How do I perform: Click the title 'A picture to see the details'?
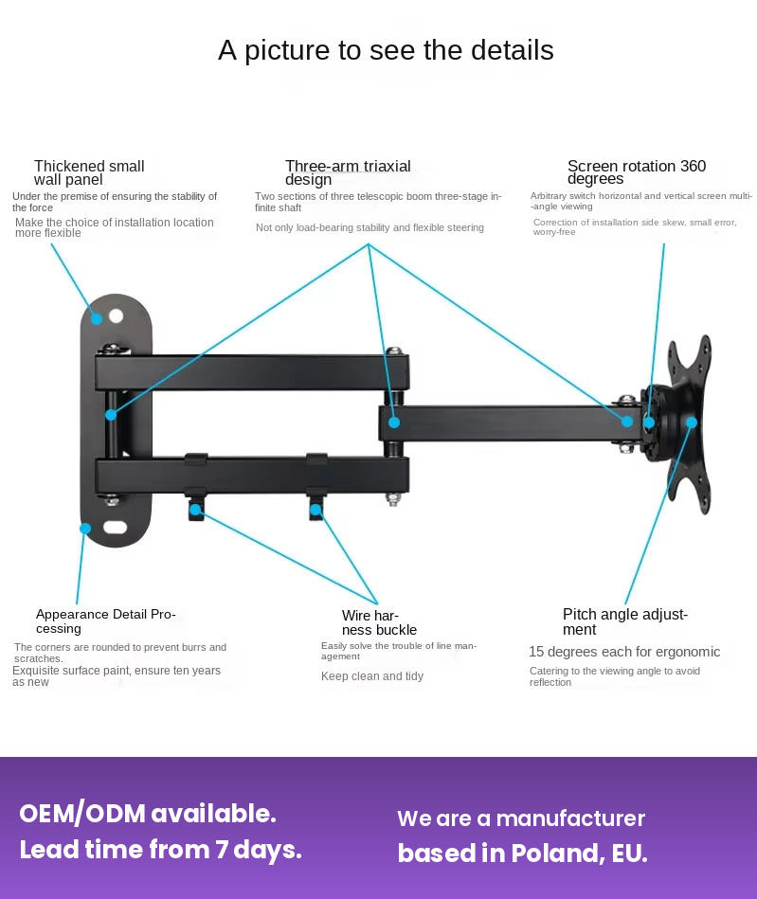coord(386,50)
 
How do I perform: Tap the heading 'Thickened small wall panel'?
coord(89,172)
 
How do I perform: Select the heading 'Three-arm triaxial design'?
coord(348,172)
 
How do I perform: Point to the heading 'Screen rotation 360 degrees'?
coord(637,172)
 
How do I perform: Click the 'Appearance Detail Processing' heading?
coord(106,620)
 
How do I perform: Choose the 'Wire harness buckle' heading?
coord(379,622)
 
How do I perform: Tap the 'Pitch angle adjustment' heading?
coord(625,621)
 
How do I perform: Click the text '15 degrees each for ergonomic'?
coord(624,652)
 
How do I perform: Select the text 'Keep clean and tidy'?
coord(372,676)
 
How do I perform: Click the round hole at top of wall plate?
coord(116,315)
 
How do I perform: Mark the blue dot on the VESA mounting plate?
coord(692,423)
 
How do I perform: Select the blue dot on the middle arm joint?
coord(394,423)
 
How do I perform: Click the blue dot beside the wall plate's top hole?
coord(96,319)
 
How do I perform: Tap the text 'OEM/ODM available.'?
coord(148,814)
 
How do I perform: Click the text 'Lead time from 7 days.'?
coord(160,850)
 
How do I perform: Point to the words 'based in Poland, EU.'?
coord(522,854)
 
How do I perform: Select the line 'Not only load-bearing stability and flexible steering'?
coord(369,227)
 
